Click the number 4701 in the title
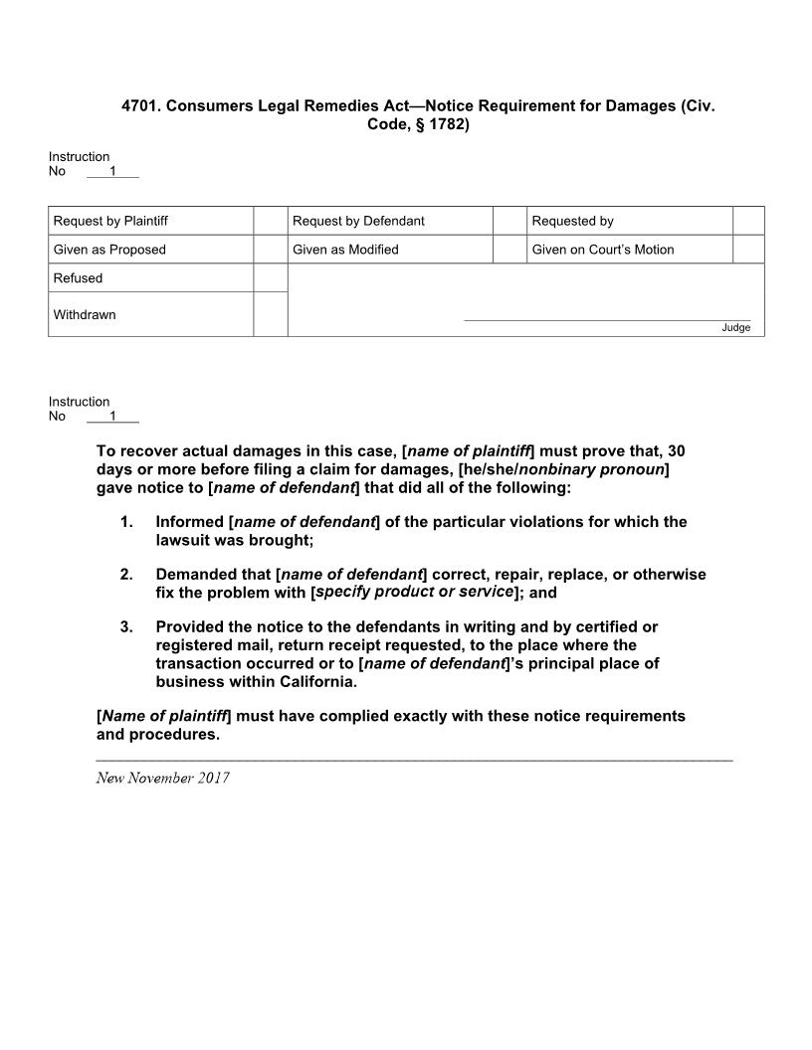click(140, 105)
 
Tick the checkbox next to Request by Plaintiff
click(270, 221)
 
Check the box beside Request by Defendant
click(509, 221)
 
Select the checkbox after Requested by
click(748, 221)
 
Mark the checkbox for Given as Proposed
click(270, 250)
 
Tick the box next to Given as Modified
click(509, 250)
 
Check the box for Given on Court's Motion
click(748, 250)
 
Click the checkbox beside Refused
click(270, 278)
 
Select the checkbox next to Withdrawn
click(270, 314)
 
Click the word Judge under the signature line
click(736, 328)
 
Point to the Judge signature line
click(607, 320)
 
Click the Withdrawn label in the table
click(85, 315)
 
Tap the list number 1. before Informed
click(126, 522)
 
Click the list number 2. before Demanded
click(126, 575)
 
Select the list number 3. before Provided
click(126, 627)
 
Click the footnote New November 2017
click(162, 778)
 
